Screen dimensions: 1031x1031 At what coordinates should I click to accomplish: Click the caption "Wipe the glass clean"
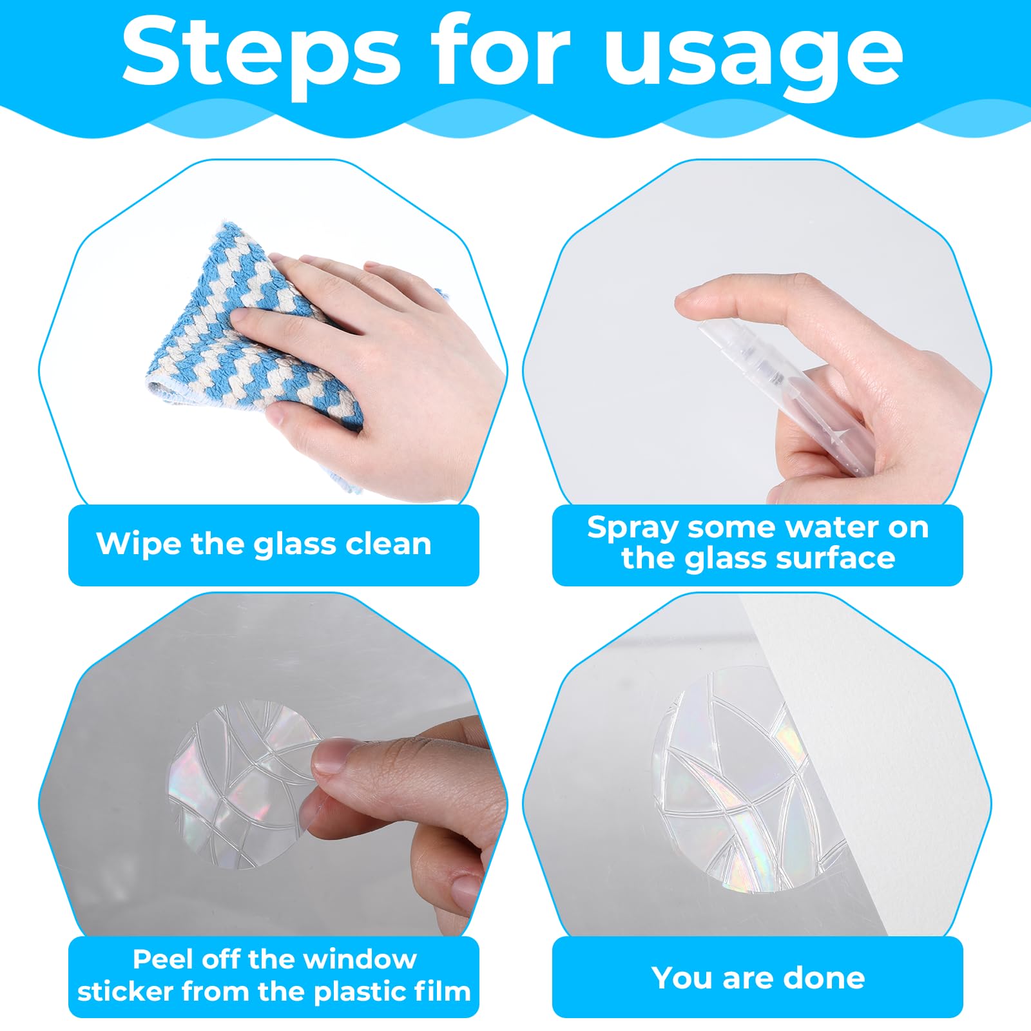[x=264, y=544]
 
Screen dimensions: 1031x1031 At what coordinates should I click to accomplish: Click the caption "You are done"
[x=758, y=978]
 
